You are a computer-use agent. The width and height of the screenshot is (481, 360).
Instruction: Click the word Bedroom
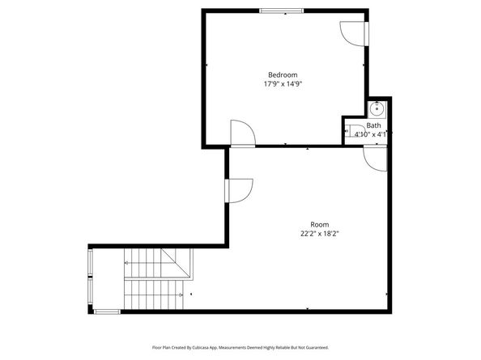pos(283,74)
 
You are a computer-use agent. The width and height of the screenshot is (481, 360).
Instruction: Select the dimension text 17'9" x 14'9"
pos(283,83)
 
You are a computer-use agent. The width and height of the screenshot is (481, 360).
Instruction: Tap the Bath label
pos(373,125)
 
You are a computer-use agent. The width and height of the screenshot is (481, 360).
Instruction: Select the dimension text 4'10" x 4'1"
pos(372,134)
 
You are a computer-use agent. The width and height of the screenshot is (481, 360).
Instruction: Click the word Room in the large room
pos(320,224)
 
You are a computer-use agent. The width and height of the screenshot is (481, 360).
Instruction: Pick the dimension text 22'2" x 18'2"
pos(320,234)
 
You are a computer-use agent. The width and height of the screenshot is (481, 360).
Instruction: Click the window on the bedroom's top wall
pos(283,11)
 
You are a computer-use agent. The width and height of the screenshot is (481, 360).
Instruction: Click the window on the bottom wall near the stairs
pos(107,311)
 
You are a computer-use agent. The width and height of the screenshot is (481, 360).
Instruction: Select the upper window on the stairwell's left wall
pos(91,264)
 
